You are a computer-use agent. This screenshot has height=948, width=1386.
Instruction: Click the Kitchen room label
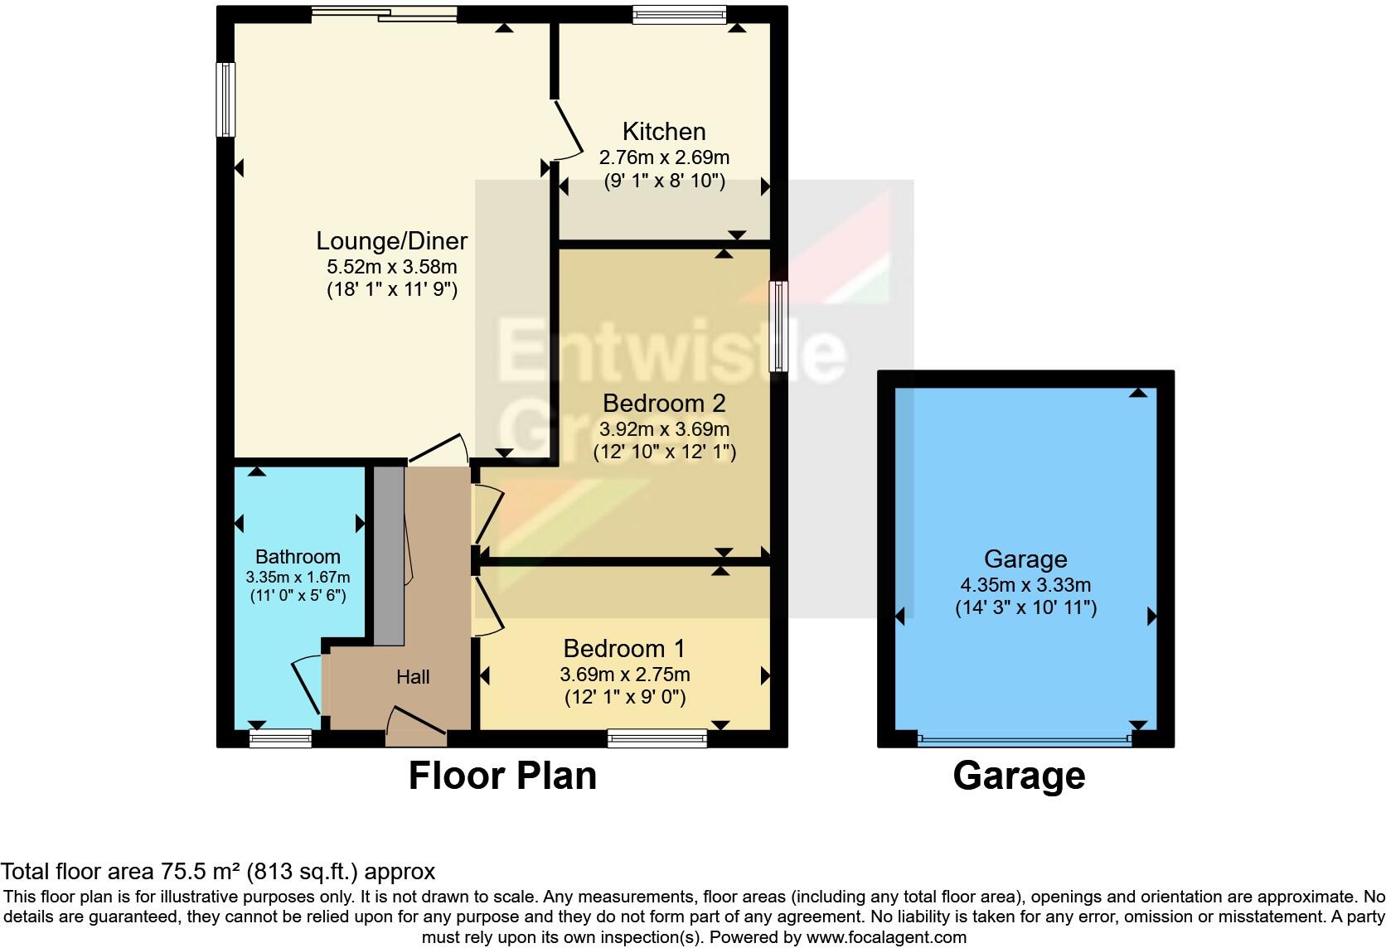664,132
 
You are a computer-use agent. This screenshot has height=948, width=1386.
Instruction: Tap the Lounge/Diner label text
392,241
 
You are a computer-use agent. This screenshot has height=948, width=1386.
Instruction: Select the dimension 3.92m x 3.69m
664,429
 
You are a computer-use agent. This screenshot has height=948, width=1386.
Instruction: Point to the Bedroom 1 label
624,648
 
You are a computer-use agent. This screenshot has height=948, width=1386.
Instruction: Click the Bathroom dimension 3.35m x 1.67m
298,577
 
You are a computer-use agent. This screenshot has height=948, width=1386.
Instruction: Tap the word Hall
413,677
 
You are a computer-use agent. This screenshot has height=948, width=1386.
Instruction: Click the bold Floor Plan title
502,776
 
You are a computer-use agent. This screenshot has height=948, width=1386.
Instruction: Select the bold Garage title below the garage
1019,776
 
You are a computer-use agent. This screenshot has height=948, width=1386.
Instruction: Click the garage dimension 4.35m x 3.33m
1025,583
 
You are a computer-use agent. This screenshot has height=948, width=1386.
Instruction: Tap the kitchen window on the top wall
679,13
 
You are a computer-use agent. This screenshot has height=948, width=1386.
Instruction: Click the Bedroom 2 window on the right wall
778,326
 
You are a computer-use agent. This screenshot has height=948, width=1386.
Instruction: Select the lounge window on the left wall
225,99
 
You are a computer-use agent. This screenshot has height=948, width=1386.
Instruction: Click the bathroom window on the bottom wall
281,738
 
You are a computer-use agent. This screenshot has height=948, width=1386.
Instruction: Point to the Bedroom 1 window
657,738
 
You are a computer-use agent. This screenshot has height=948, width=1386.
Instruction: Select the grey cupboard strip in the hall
388,555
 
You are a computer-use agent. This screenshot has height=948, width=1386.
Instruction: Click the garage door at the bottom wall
1025,739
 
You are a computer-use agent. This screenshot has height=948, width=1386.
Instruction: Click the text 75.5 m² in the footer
199,872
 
